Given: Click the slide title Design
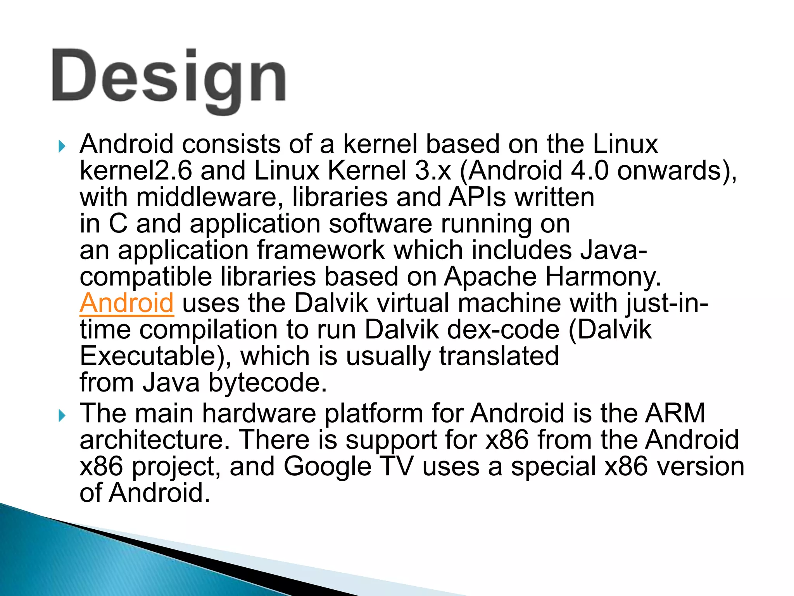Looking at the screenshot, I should point(169,80).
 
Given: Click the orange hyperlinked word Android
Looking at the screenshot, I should point(127,303).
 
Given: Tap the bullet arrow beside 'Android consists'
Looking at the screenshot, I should point(61,147).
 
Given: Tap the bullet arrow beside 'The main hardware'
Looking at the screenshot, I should point(61,416).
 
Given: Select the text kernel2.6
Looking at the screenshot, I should point(136,171).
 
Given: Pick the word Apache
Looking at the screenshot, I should point(490,277).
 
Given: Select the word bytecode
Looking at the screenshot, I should point(268,383).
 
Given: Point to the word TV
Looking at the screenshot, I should point(396,466).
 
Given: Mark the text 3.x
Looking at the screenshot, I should point(433,171).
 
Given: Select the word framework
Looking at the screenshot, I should point(321,250).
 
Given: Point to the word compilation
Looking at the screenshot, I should point(209,330).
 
